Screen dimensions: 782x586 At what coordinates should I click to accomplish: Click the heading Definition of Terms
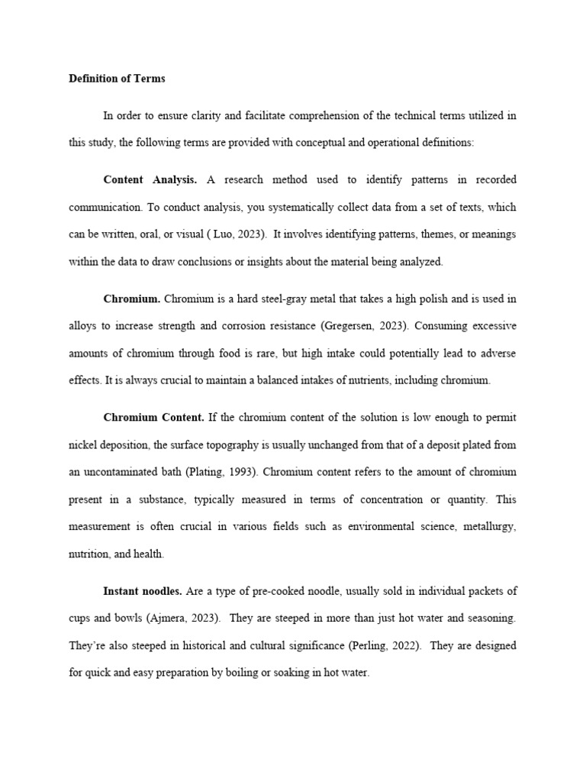tap(117, 79)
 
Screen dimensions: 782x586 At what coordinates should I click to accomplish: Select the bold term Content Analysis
tap(150, 179)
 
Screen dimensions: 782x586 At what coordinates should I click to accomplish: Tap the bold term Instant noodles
tap(143, 590)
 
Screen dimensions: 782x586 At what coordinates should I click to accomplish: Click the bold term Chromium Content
tap(153, 417)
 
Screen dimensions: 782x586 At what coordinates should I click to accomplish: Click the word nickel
tap(83, 444)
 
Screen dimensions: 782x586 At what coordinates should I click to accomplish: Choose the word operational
tap(361, 143)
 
